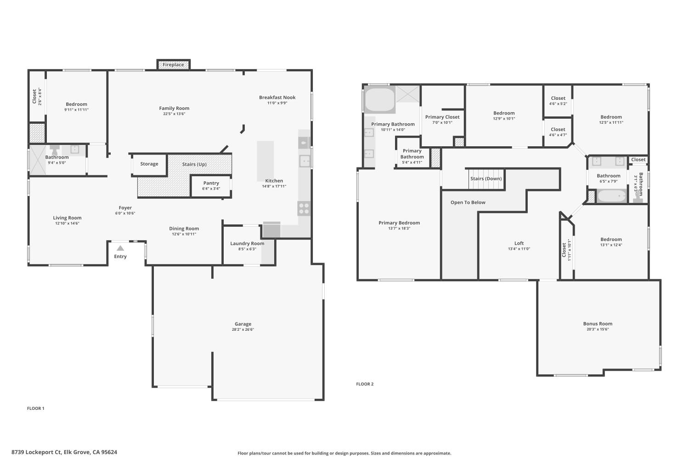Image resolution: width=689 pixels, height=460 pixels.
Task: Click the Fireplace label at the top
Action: point(173,65)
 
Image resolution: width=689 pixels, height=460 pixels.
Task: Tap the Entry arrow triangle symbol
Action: point(120,248)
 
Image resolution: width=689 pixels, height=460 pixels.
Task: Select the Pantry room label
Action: point(211,183)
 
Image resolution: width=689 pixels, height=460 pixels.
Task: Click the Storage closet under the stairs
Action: point(149,164)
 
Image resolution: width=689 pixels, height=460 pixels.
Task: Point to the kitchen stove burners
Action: point(304,208)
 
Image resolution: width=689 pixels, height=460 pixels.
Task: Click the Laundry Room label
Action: point(247,243)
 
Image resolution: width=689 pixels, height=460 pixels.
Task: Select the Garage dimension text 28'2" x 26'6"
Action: point(243,329)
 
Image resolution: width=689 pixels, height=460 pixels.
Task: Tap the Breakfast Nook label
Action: point(277,98)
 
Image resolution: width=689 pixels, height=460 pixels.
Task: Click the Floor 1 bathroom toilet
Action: point(55,150)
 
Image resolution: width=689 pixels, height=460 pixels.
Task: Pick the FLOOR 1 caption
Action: point(36,408)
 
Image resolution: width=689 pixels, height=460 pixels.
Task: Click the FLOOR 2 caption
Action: point(365,384)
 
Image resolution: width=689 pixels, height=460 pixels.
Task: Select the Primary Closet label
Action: point(442,117)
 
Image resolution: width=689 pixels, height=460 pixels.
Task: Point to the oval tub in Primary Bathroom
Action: point(380,100)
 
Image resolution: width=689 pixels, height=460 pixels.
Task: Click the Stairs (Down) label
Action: point(486,178)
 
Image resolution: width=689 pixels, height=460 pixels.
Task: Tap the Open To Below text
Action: point(468,202)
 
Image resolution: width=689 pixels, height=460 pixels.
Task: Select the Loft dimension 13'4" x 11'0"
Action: point(519,249)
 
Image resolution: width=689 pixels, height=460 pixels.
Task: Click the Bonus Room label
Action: point(598,324)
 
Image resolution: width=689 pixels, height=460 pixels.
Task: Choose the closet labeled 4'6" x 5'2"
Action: point(558,100)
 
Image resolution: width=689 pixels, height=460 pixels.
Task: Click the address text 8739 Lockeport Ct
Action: point(64,452)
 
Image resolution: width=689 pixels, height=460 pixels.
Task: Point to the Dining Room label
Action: point(184,229)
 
